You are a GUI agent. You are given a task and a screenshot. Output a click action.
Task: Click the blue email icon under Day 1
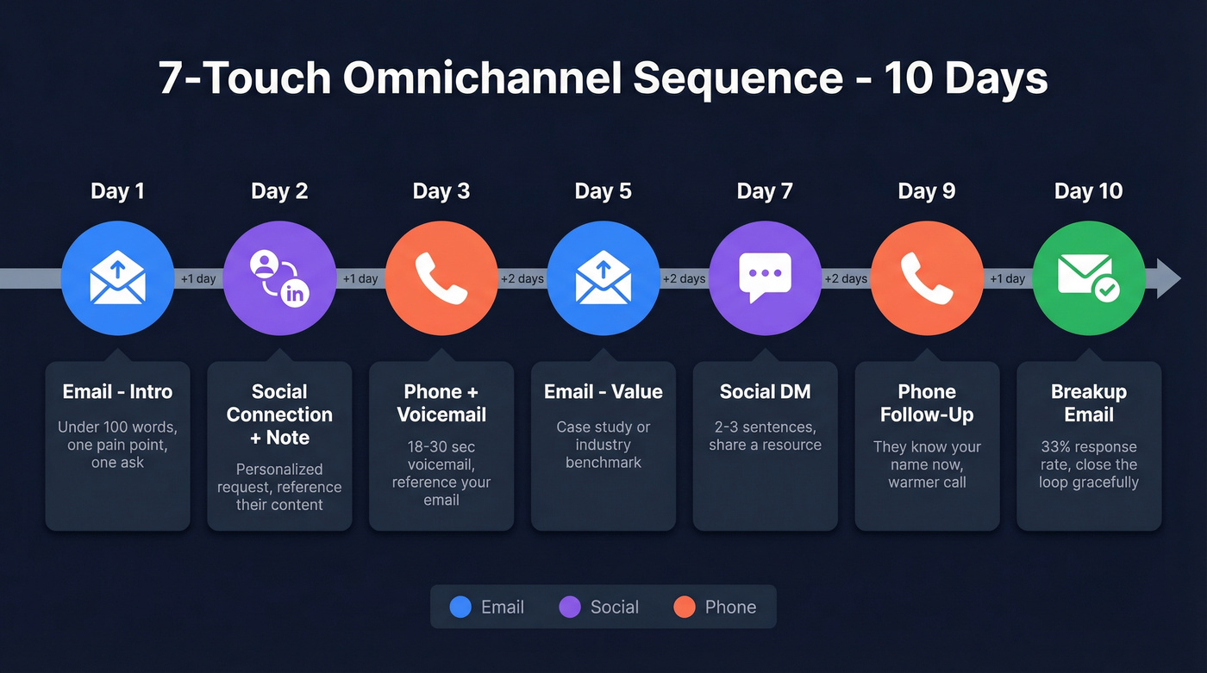(117, 278)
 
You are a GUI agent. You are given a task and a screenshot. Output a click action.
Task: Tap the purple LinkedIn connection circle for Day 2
(279, 278)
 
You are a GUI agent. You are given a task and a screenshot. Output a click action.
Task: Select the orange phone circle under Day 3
(441, 278)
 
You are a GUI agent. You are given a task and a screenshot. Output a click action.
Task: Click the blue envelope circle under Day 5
(603, 278)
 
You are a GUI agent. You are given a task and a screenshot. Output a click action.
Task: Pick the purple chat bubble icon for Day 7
(765, 278)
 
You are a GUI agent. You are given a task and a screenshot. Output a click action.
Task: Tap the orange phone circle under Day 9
(927, 278)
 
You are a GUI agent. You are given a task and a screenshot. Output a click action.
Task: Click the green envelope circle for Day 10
(1088, 278)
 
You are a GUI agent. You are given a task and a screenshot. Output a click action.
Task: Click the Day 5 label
(603, 191)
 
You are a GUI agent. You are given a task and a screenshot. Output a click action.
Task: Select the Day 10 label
(1088, 191)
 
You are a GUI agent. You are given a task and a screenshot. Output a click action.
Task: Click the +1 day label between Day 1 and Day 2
(198, 278)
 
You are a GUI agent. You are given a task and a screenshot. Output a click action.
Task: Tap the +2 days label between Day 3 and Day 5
(522, 278)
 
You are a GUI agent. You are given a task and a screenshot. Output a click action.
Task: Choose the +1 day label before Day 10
(1007, 278)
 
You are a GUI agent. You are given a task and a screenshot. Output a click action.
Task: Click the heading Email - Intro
(117, 392)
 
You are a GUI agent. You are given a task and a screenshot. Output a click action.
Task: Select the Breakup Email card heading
(1088, 403)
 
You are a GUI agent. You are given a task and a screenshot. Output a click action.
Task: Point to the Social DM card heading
(765, 392)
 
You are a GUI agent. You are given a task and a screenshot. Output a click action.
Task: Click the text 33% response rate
(1088, 446)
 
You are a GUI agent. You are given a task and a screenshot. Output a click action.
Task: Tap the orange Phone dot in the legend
(684, 607)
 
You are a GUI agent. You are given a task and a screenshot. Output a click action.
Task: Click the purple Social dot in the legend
(570, 607)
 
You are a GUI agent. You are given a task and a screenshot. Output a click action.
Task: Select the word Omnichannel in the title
(483, 78)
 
